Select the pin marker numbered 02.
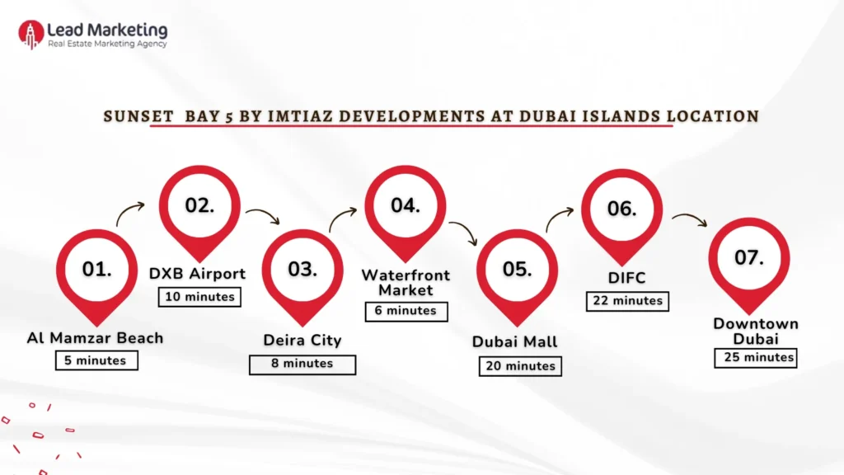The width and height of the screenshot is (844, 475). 199,206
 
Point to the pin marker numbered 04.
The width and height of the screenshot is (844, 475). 406,206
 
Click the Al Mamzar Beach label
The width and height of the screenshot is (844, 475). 95,338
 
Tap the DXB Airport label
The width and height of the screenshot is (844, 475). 198,274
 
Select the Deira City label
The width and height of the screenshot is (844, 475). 302,341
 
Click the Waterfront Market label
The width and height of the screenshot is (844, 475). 406,282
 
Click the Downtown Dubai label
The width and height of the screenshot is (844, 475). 756,332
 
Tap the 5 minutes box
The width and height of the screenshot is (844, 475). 96,360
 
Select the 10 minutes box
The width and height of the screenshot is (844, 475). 199,297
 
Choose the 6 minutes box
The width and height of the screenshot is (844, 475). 406,311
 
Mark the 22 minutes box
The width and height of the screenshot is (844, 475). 627,301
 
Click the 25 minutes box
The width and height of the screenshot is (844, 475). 756,358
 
